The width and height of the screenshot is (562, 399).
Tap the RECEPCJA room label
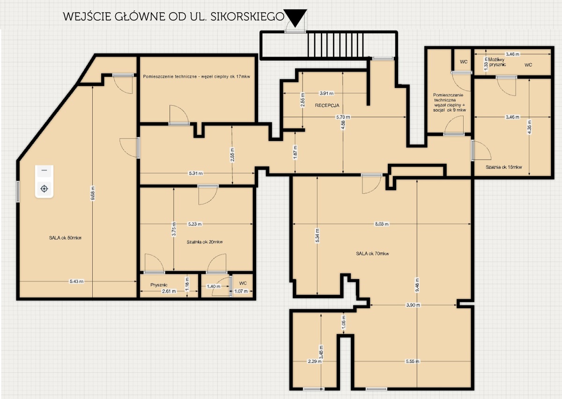pos(327,105)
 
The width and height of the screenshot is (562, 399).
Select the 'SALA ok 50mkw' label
pos(65,238)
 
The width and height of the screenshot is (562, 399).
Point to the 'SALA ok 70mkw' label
pos(372,254)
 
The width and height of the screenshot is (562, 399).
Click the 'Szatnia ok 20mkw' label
pos(205,242)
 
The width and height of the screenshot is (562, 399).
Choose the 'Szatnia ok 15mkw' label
pos(503,167)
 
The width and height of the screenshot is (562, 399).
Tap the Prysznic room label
pos(159,285)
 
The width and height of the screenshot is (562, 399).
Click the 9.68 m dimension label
pos(93,193)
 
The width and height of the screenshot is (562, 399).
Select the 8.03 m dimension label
pos(382,224)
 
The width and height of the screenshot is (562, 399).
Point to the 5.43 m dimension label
pos(76,281)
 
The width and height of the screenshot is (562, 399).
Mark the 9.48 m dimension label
pos(417,285)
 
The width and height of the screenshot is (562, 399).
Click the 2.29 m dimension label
pos(315,362)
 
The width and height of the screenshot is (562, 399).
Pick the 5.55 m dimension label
pos(413,362)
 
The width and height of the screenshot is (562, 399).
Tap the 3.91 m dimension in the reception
pos(326,93)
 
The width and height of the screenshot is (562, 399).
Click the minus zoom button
pos(44,170)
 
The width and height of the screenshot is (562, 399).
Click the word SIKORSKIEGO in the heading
pos(247,16)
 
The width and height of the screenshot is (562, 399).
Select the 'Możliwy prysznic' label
pos(497,62)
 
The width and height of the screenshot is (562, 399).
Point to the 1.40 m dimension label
pos(214,286)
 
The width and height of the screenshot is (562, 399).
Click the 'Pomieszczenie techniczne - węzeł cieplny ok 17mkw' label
pos(196,76)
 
